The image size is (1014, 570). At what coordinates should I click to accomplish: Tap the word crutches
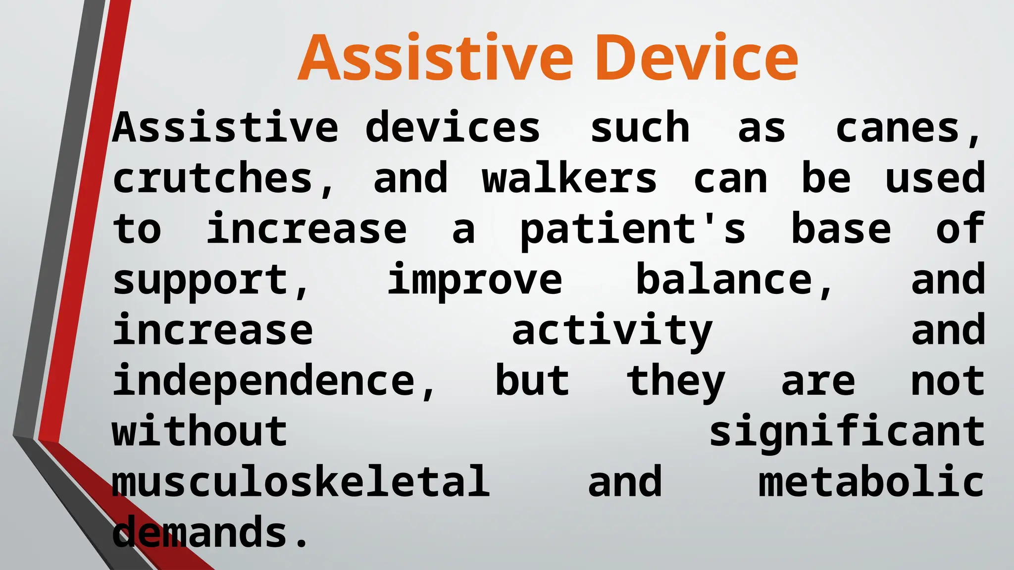[x=213, y=179]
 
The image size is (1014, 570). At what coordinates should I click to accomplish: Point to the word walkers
[x=569, y=179]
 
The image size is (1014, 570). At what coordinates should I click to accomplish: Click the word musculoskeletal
[x=301, y=483]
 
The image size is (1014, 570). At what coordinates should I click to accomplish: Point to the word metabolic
[x=871, y=483]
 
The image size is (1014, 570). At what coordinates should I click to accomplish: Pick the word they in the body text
[x=675, y=382]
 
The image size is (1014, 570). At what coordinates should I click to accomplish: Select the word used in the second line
[x=935, y=179]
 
